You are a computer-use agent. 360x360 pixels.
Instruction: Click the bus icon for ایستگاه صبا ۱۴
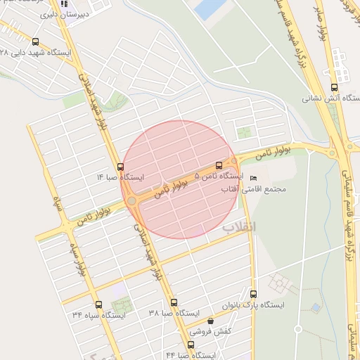[120, 167]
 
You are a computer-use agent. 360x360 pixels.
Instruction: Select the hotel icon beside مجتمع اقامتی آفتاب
[254, 178]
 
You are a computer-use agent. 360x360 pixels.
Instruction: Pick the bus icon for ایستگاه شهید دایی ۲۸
[36, 42]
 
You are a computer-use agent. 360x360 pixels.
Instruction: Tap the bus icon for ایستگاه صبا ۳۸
[174, 302]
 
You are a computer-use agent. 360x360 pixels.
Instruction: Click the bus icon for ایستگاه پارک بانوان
[253, 294]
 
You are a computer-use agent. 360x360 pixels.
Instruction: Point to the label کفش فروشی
[210, 332]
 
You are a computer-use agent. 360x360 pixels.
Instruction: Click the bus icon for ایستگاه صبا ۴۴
[191, 345]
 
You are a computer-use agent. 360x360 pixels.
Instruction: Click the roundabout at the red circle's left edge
[131, 202]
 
